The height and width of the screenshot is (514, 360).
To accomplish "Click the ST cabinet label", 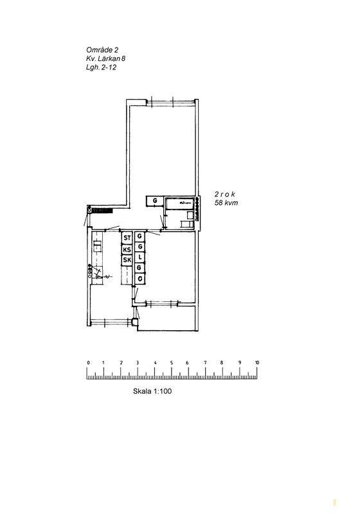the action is coord(127,238).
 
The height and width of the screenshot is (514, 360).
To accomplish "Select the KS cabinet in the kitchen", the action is coord(127,250).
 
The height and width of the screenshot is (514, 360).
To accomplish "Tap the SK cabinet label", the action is coord(127,260).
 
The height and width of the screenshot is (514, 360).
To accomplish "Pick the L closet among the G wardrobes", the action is coord(140,258).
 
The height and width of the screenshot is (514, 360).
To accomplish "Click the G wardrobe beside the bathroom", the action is coord(154,200).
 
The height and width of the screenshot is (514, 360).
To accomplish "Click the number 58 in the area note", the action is coord(219,203).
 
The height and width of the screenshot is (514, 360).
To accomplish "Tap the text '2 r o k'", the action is coord(225,194).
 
